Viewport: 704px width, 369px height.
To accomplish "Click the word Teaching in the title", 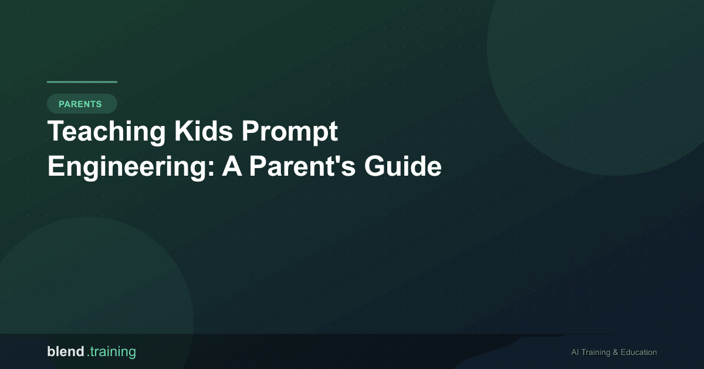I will tap(106, 132).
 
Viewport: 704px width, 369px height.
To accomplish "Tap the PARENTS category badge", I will tap(82, 104).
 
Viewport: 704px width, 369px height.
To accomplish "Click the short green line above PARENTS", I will tap(82, 82).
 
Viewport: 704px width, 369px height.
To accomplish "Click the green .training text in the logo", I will tap(111, 352).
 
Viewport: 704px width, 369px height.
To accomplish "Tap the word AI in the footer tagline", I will tap(576, 353).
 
